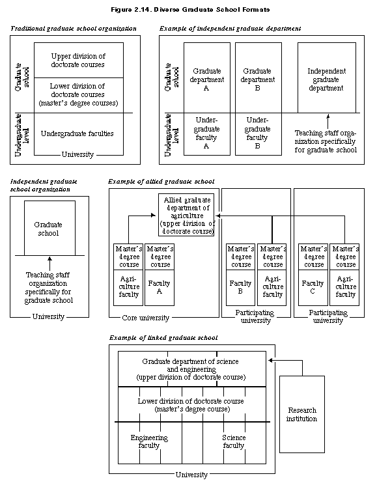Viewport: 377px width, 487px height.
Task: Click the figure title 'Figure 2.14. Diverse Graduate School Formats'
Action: [x=190, y=10]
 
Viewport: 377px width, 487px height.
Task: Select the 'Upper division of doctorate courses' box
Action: [x=79, y=61]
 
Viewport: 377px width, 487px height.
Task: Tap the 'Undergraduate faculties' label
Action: [x=77, y=133]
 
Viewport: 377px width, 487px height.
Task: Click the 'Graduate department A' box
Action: [x=207, y=77]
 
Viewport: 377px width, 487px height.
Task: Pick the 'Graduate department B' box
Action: [x=258, y=77]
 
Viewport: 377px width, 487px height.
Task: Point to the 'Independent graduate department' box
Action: [x=327, y=77]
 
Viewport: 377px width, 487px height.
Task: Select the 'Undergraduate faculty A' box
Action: [x=207, y=134]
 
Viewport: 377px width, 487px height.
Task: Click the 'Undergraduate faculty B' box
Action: [x=258, y=134]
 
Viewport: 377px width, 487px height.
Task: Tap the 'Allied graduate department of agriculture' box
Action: [x=186, y=215]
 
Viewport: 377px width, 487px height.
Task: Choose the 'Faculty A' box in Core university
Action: [x=160, y=288]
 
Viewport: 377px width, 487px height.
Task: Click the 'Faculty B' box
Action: [x=240, y=288]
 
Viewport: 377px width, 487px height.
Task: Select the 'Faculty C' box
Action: [x=313, y=288]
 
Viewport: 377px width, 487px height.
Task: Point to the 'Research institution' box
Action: [x=302, y=414]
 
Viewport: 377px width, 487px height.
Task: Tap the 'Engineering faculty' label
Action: [x=149, y=441]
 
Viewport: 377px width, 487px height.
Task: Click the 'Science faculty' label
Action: [x=234, y=441]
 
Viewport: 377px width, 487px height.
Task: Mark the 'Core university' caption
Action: [x=146, y=318]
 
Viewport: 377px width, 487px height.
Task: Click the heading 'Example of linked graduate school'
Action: [x=163, y=338]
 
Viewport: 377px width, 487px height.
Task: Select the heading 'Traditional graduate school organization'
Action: [x=74, y=29]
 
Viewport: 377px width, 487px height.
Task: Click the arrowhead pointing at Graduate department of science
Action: [x=270, y=360]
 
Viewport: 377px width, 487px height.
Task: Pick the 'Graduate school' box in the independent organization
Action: [x=49, y=228]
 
